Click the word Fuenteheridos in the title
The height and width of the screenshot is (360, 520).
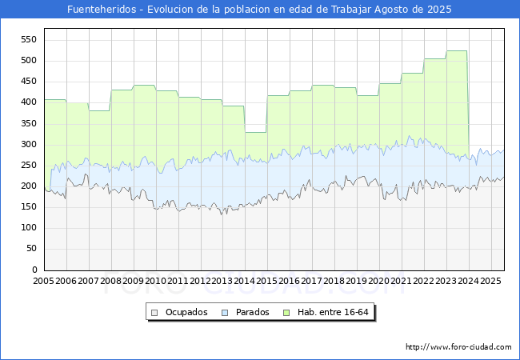[102, 10]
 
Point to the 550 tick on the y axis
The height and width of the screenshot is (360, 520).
[29, 40]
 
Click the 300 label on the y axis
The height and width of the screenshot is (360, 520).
[29, 144]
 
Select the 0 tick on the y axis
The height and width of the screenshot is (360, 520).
[34, 270]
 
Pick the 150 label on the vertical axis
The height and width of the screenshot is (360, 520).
[29, 207]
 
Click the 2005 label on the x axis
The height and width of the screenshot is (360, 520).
[43, 281]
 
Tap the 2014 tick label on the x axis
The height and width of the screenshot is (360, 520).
[245, 281]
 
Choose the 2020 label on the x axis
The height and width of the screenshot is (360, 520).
[379, 281]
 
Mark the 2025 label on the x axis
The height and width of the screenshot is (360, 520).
[491, 281]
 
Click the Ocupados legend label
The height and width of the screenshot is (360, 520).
[186, 312]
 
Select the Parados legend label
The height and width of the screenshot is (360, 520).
[252, 312]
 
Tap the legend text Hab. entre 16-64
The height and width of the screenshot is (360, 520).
[333, 312]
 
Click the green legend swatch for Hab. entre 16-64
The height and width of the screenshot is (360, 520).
[286, 313]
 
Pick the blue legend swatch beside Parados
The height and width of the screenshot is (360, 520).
[225, 313]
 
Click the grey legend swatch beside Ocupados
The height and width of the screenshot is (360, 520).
[154, 313]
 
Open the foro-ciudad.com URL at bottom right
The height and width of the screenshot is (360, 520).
[458, 347]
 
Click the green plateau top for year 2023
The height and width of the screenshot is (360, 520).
[457, 50]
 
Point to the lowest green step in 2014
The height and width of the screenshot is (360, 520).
[256, 132]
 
